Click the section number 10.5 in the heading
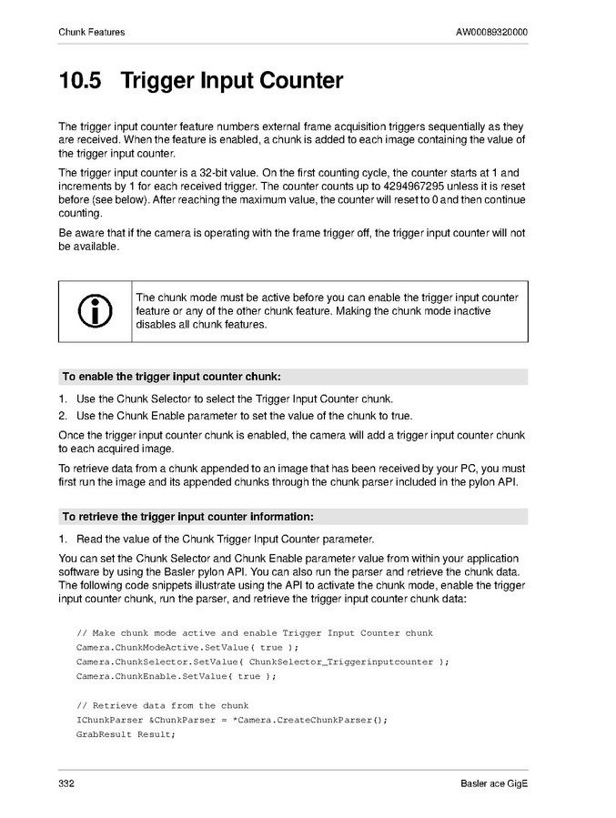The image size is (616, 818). [80, 82]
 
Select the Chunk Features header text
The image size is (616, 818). [91, 33]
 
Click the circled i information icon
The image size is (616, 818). [96, 311]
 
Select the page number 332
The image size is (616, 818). [66, 783]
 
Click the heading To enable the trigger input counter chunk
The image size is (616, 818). [171, 377]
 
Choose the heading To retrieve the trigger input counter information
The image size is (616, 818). [187, 517]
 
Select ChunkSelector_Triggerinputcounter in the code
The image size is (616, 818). [341, 661]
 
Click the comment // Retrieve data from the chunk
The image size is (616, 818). [163, 705]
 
